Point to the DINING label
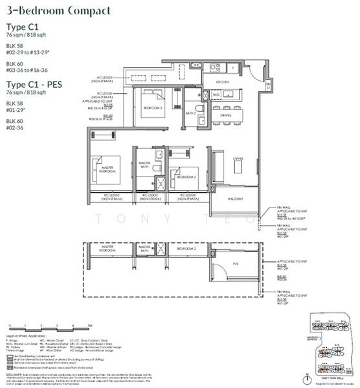point(225,115)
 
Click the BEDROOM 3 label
point(153,109)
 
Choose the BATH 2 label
point(192,113)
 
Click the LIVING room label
point(238,158)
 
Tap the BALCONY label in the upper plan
point(235,199)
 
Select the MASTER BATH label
point(143,166)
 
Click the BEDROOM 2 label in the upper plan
point(187,177)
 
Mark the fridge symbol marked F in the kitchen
point(232,67)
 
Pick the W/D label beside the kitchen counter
point(216,94)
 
